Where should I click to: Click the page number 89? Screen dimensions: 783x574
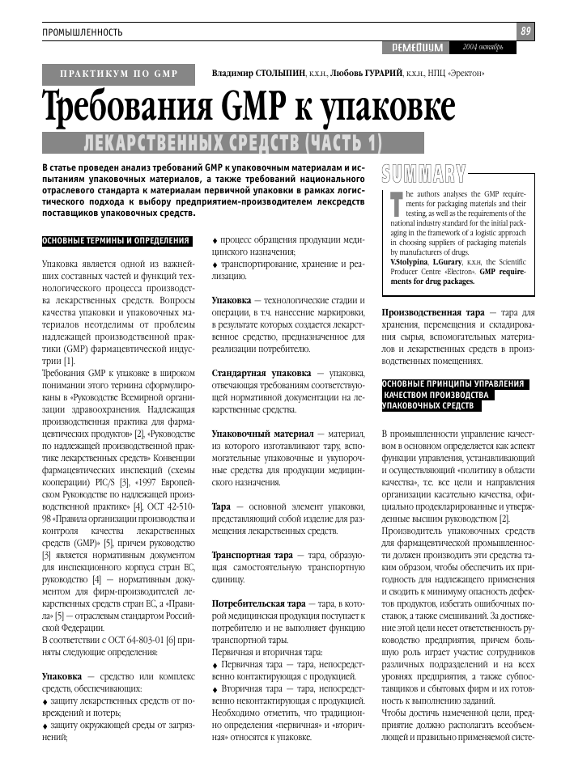pos(525,31)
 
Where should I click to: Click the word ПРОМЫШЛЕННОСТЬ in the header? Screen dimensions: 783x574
pos(83,32)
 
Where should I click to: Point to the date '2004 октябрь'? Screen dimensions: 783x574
pos(483,47)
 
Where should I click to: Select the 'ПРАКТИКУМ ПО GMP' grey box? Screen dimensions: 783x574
pos(120,74)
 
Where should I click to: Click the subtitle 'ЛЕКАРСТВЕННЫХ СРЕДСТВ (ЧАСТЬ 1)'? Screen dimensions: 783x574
pos(232,143)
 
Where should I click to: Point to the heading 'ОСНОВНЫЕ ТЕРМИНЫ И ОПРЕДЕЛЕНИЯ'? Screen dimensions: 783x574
pos(117,241)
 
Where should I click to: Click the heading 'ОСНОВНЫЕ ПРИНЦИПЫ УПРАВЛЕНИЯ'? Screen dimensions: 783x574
pos(453,383)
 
